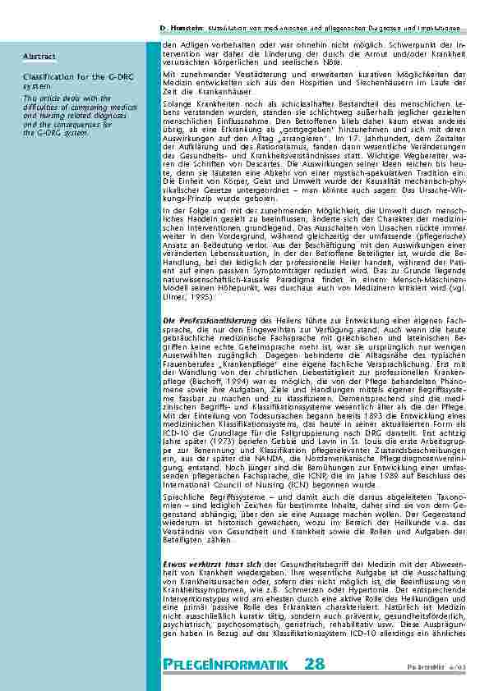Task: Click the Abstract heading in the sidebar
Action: pyautogui.click(x=39, y=57)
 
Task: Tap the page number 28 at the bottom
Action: pyautogui.click(x=314, y=663)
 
